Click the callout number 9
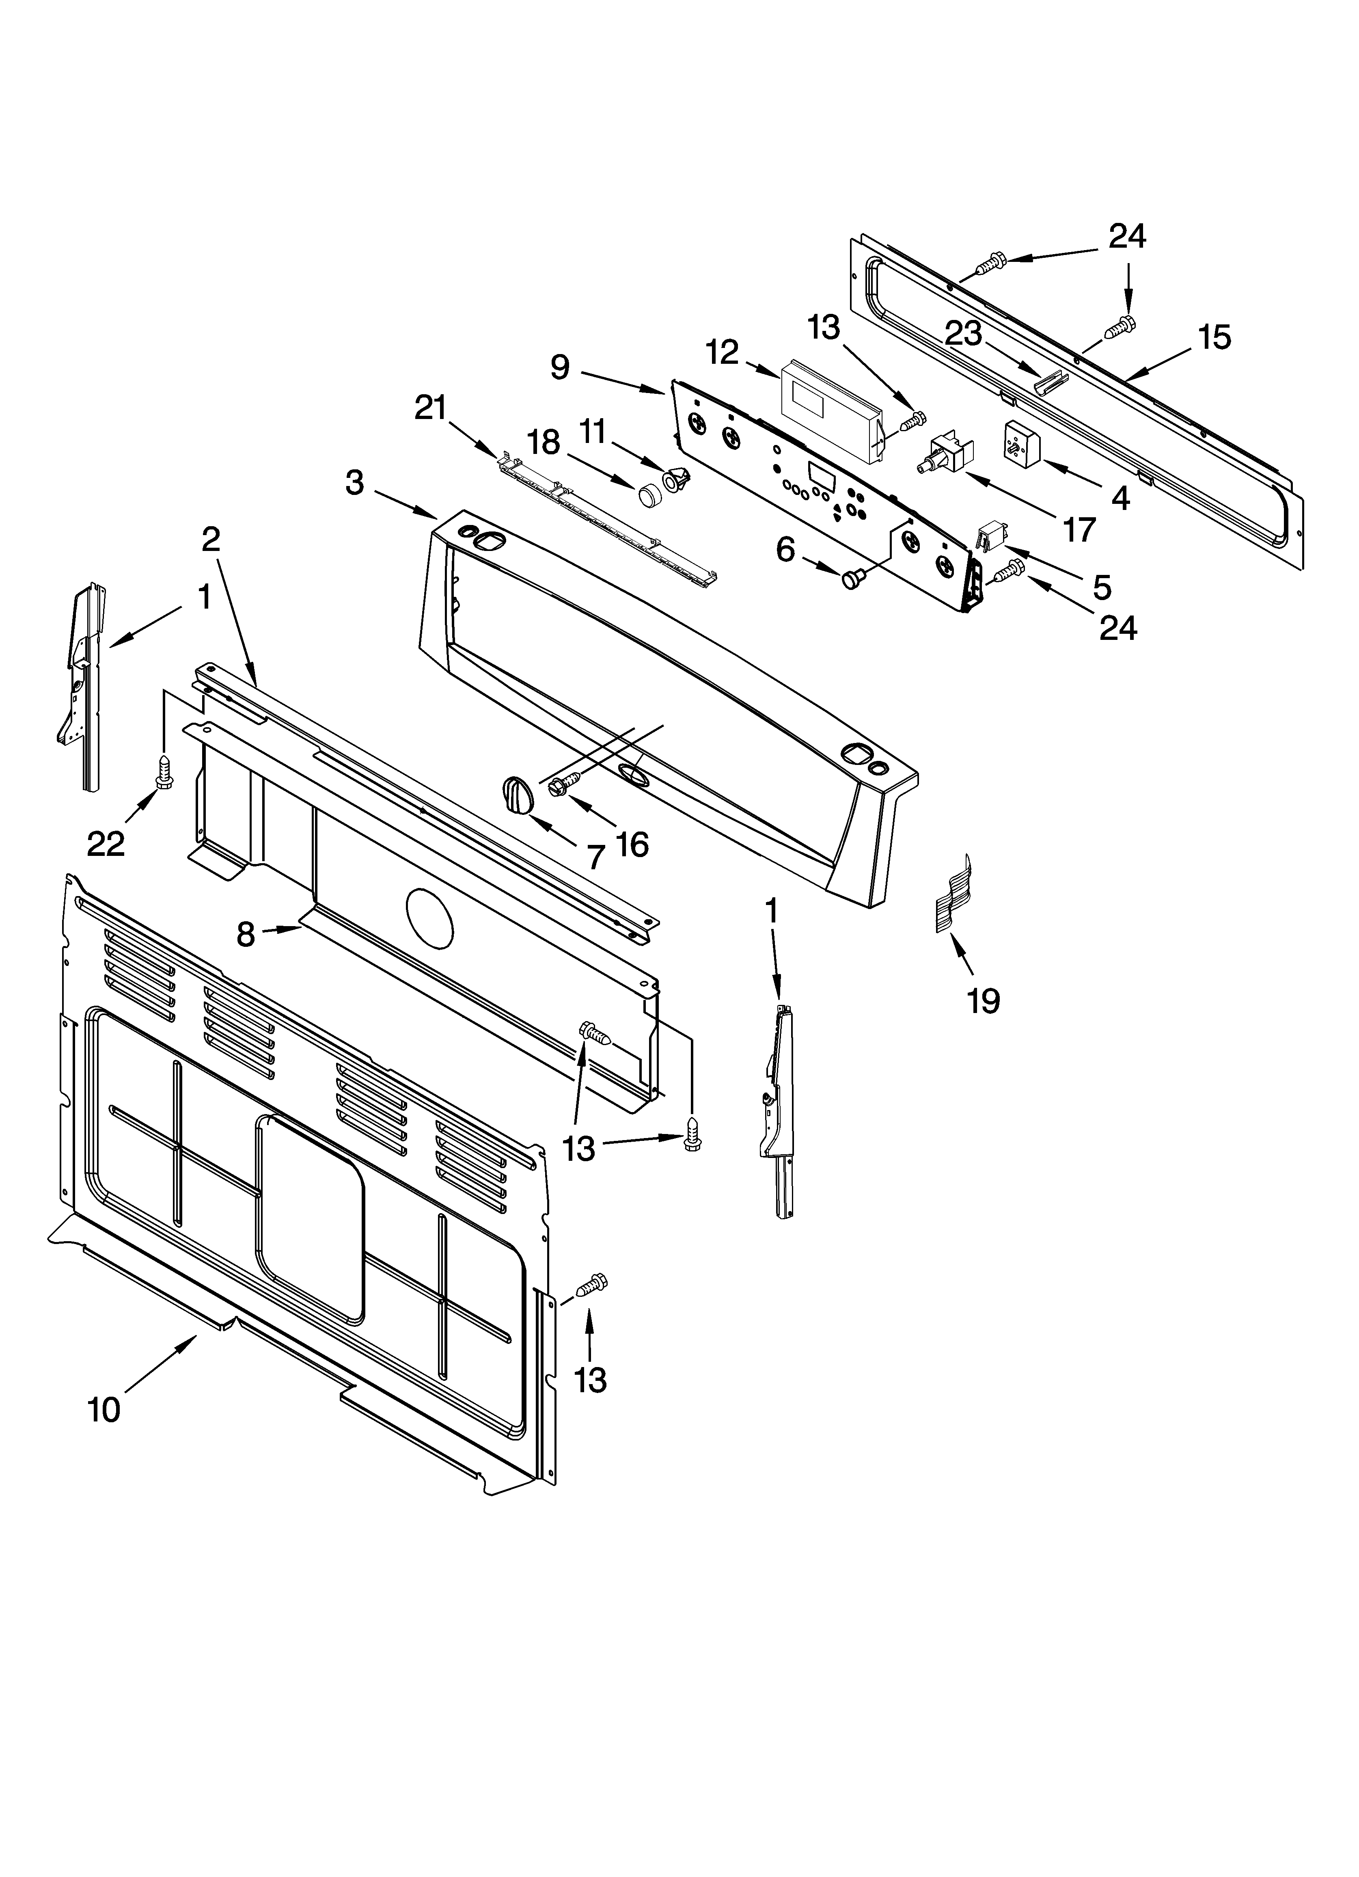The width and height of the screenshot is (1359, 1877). tap(560, 367)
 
